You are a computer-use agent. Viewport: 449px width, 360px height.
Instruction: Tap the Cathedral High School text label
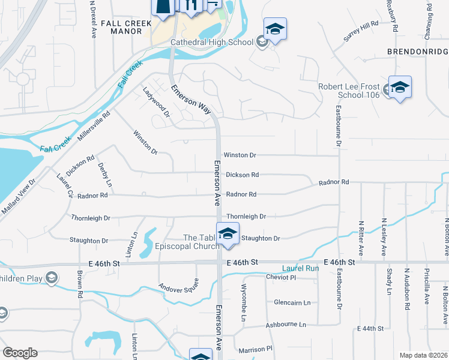(212, 42)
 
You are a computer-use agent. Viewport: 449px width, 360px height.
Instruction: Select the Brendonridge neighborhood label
(417, 52)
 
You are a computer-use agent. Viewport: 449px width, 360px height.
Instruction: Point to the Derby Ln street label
(104, 173)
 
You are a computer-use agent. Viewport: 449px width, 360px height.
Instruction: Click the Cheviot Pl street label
(281, 277)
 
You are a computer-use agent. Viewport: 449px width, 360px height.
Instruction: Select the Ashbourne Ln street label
(286, 325)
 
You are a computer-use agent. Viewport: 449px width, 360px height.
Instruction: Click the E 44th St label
(370, 329)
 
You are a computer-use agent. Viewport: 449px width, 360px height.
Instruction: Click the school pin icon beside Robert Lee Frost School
(400, 88)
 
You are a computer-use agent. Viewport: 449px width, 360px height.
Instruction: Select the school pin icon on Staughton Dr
(228, 233)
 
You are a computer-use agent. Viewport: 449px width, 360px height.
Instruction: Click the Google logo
(20, 352)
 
